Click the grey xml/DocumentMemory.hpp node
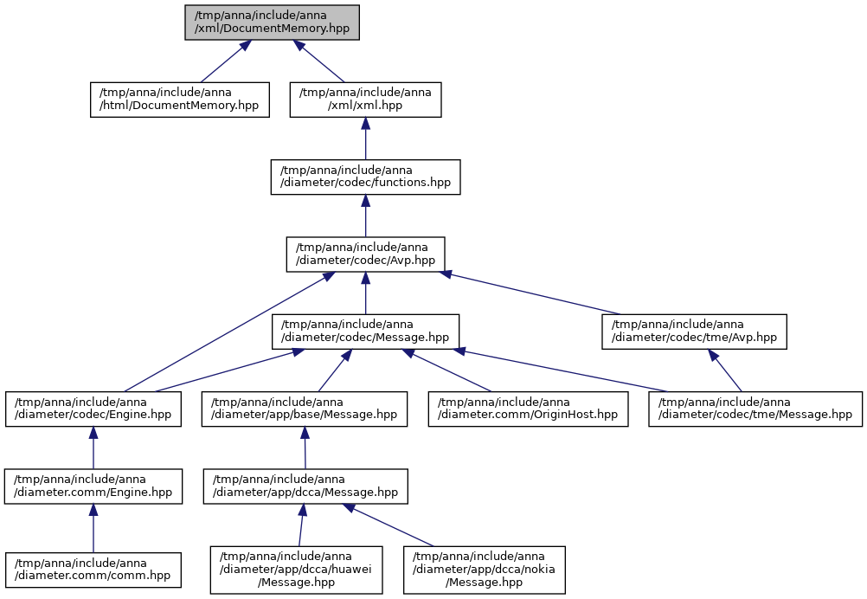coord(272,23)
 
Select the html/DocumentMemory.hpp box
coord(180,100)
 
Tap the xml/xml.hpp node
coord(365,100)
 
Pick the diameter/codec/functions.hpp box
coord(365,177)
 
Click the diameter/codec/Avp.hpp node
coord(365,254)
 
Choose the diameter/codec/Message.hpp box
coord(365,332)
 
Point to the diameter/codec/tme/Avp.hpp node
coord(695,332)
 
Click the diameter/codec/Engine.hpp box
coord(93,409)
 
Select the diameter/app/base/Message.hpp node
coord(305,409)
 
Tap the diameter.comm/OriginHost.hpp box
coord(528,409)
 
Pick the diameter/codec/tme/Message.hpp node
coord(755,409)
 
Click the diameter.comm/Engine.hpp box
coord(93,486)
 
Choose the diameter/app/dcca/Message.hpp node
coord(305,486)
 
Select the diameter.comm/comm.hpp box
coord(93,570)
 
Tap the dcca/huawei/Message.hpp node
coord(297,570)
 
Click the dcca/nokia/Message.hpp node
coord(485,570)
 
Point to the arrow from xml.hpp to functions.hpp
coord(365,138)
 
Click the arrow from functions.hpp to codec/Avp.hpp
coord(365,216)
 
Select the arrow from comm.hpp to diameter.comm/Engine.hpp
coord(93,529)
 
